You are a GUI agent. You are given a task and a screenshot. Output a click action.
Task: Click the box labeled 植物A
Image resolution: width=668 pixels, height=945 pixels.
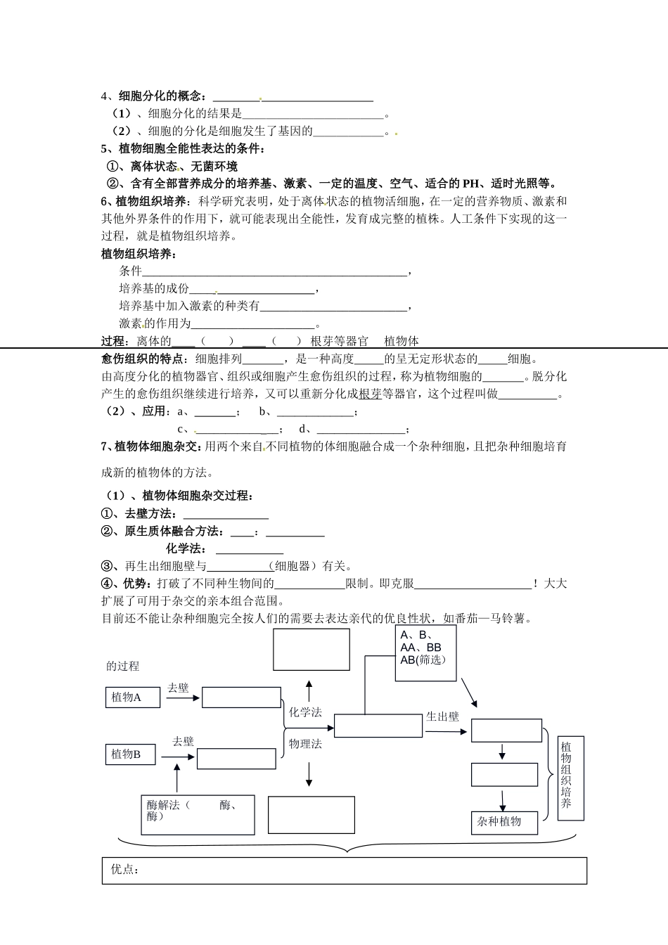132,697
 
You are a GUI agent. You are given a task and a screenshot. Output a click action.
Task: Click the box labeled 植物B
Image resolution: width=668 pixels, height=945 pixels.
132,754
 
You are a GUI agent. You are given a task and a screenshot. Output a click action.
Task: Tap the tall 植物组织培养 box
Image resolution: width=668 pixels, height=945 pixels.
570,778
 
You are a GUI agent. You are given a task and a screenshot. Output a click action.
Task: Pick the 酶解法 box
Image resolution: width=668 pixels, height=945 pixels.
198,814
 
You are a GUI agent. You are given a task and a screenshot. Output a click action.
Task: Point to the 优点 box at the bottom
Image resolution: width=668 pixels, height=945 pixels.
344,870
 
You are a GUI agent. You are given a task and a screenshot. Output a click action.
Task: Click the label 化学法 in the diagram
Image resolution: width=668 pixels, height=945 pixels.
305,712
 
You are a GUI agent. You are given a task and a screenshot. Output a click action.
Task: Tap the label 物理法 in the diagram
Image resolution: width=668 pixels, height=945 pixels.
305,743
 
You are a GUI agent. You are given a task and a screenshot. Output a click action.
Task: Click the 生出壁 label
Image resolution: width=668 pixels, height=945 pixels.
442,716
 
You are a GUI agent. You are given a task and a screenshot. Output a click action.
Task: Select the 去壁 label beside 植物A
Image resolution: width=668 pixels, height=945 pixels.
178,688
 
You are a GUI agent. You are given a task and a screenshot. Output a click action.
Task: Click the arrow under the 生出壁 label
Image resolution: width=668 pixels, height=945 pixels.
446,732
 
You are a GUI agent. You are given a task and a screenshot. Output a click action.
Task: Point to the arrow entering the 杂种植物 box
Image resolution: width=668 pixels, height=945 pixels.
503,801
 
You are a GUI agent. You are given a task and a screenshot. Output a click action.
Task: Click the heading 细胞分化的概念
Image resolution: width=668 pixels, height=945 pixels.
162,96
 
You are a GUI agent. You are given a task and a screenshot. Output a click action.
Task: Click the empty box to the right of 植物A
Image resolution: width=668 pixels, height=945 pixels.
241,697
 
